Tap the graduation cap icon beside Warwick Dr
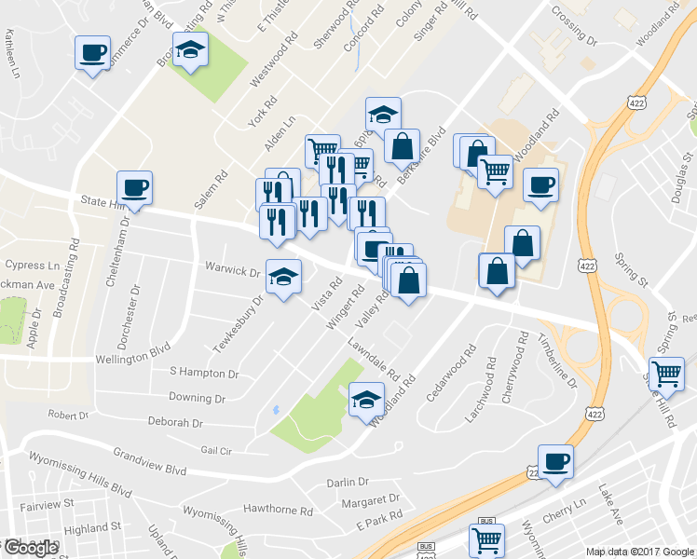click(283, 276)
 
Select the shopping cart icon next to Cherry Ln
click(487, 539)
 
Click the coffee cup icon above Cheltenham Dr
click(134, 188)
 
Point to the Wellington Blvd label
click(134, 357)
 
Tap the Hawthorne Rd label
click(277, 510)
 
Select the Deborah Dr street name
click(174, 422)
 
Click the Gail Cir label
click(213, 449)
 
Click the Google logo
click(31, 548)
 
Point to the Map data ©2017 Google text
click(641, 552)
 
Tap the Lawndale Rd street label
click(375, 359)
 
